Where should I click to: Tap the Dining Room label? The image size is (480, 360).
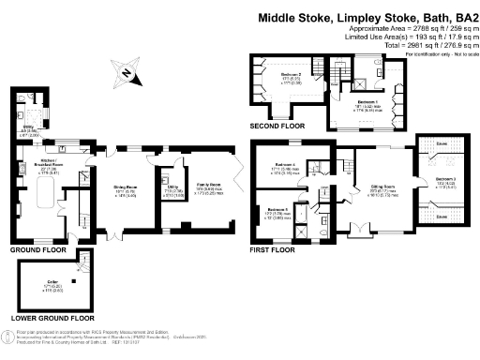(x=126, y=187)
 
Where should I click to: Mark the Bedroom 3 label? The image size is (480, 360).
(x=444, y=178)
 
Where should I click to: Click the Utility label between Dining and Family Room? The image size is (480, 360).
(x=170, y=187)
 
